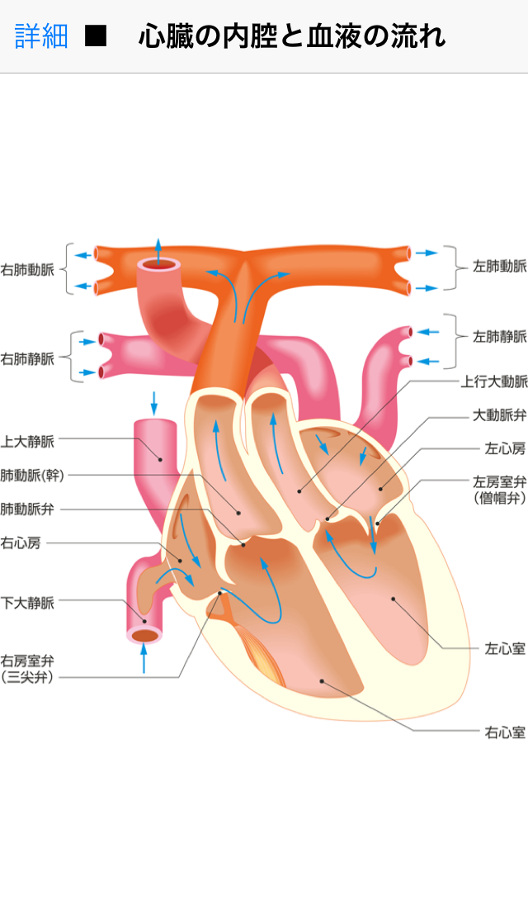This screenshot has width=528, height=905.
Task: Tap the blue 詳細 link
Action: (41, 36)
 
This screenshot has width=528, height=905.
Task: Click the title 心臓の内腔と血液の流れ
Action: (292, 36)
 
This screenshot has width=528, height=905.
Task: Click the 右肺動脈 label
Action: (28, 269)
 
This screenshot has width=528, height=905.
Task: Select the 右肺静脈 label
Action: (28, 358)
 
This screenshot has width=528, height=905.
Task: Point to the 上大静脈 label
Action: (28, 442)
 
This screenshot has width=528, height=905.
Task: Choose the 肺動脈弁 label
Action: (28, 509)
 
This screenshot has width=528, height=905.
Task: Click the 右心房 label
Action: (21, 543)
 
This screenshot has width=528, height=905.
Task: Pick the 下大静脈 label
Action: (28, 603)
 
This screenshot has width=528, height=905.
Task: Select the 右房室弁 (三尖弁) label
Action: (28, 669)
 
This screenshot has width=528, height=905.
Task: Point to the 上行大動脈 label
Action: (494, 381)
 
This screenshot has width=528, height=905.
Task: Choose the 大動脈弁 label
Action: (499, 415)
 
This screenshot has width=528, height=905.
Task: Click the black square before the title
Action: (97, 36)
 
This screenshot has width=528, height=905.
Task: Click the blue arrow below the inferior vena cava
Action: (144, 659)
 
